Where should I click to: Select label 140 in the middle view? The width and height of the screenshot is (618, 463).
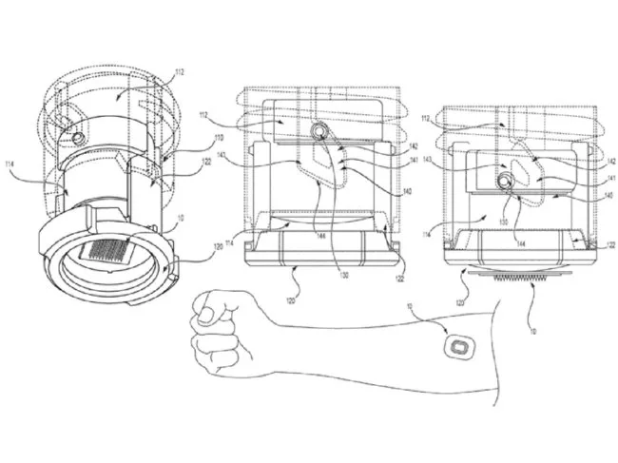[408, 190]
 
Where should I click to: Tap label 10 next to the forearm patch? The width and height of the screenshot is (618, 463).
[410, 307]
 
